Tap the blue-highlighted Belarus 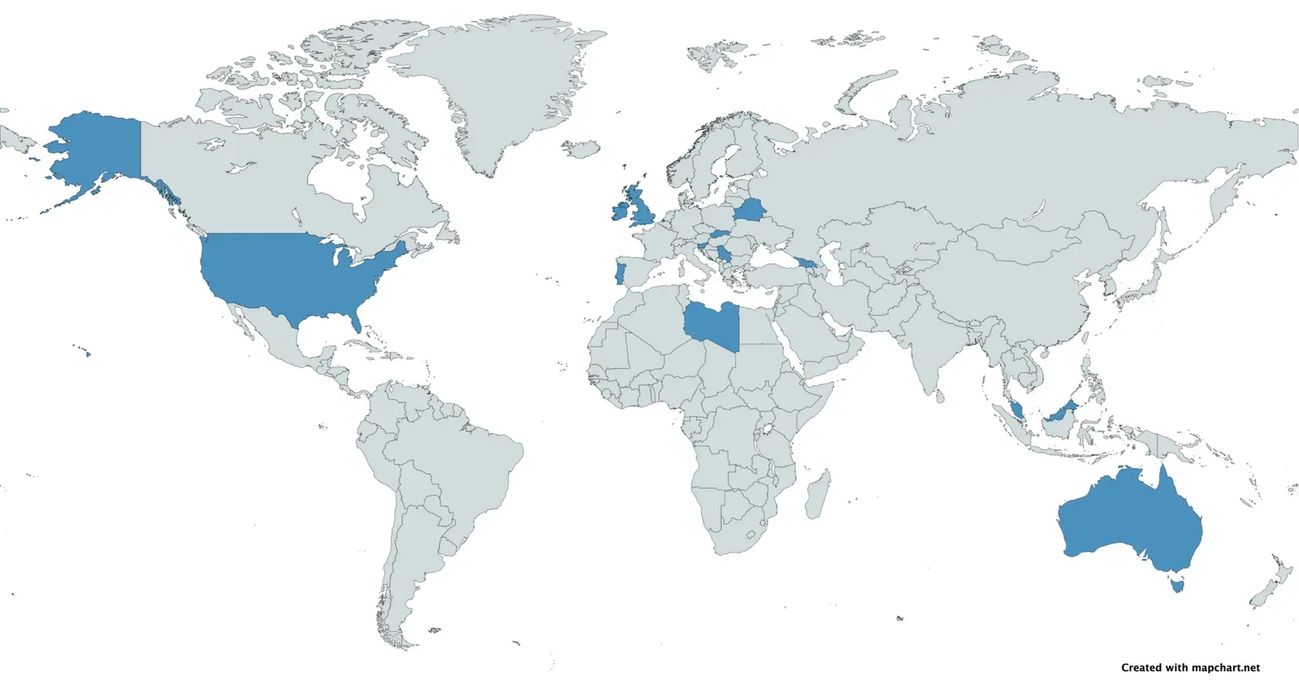click(749, 212)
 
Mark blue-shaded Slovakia click(720, 234)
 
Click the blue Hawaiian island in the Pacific click(88, 353)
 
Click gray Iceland click(581, 149)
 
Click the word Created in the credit click(1141, 668)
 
